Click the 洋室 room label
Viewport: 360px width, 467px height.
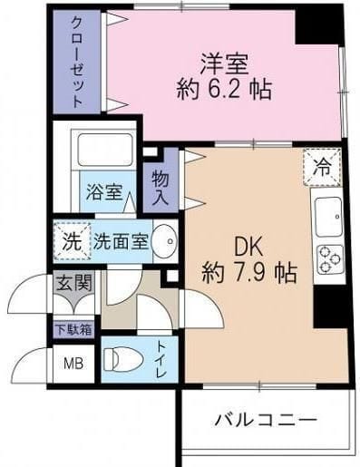224,63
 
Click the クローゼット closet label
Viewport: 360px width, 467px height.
75,62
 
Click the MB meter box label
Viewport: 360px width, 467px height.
71,366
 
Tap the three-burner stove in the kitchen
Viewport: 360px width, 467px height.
328,260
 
